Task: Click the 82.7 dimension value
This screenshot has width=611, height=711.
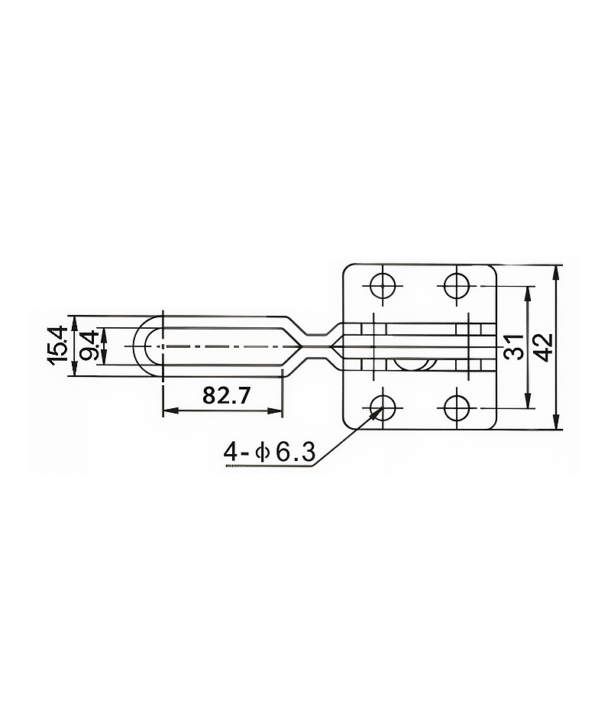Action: click(225, 395)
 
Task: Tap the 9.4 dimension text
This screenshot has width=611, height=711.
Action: click(89, 346)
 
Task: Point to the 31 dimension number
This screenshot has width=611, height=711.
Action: click(513, 346)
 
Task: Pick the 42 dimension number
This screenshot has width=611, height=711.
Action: click(544, 347)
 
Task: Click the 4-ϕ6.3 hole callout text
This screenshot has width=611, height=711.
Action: click(269, 452)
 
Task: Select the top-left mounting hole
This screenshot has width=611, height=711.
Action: click(383, 286)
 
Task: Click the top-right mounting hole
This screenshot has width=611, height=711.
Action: click(457, 286)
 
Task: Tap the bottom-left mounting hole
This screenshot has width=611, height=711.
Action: click(383, 407)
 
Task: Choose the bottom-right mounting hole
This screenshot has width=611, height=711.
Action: click(457, 407)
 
